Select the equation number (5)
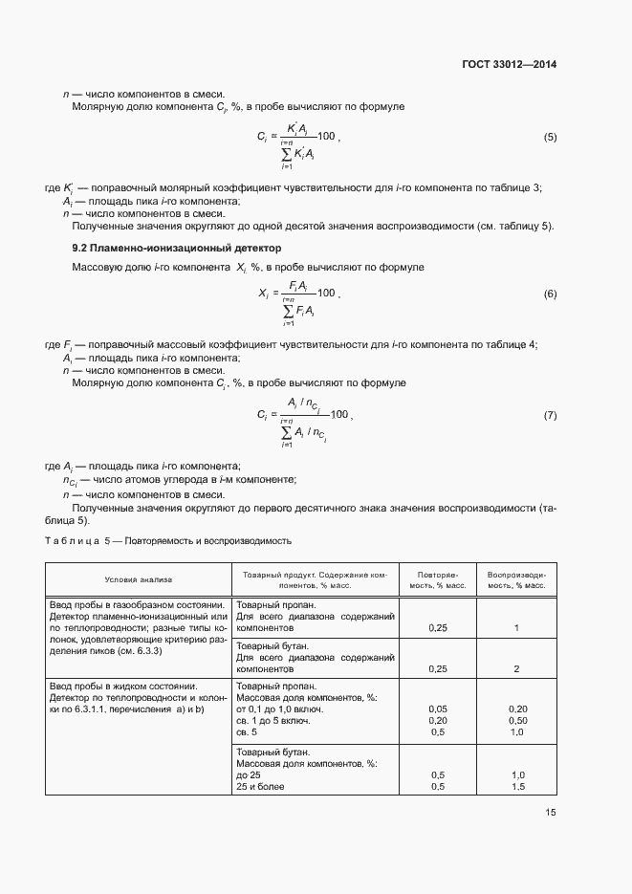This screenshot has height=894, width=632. pos(550,138)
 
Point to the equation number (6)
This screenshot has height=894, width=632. pos(550,294)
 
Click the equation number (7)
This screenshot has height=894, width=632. pos(550,416)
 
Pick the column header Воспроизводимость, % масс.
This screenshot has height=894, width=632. pos(515,579)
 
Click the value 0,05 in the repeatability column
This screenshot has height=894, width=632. pos(439,709)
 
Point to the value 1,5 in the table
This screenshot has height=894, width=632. pos(515,786)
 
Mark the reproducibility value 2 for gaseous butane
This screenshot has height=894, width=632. pos(515,668)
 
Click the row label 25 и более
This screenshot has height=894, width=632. pos(260,786)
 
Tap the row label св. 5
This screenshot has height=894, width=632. pos(246,731)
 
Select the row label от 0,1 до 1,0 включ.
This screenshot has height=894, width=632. pos(279,709)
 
